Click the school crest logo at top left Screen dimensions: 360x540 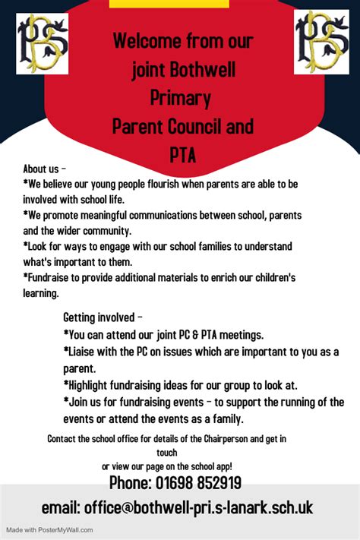[43, 43]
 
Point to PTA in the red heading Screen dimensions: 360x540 [182, 155]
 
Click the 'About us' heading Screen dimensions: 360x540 [45, 169]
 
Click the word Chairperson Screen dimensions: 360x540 [227, 438]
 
